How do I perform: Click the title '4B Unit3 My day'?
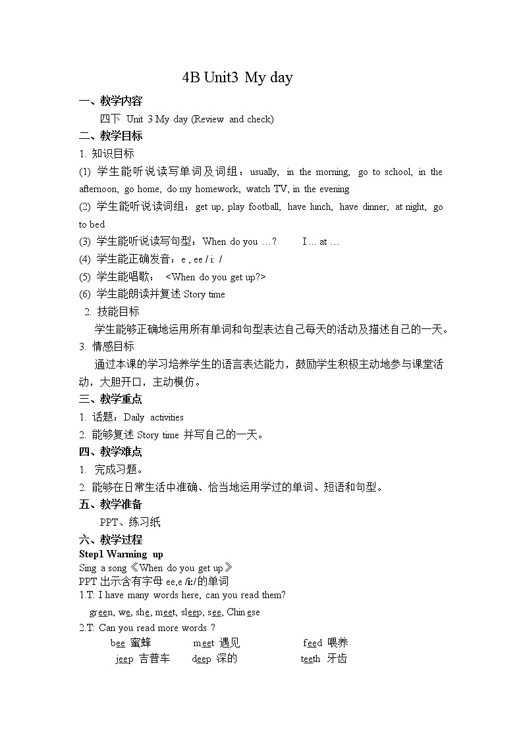(237, 78)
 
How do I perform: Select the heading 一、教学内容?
(110, 101)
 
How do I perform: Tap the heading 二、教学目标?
(110, 136)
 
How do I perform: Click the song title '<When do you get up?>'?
(215, 276)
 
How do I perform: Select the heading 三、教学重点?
(110, 399)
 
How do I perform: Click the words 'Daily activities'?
(153, 417)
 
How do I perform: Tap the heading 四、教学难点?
(110, 451)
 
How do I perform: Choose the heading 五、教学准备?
(110, 504)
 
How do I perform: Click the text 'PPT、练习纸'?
(130, 522)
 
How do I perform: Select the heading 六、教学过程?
(110, 540)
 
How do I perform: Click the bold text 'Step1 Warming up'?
(121, 554)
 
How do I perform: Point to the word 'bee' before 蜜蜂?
(118, 643)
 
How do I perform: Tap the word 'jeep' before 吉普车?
(124, 659)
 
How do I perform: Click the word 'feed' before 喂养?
(313, 643)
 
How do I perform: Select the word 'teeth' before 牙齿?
(310, 659)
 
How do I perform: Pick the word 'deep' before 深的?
(202, 659)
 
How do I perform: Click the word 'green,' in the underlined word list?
(102, 612)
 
